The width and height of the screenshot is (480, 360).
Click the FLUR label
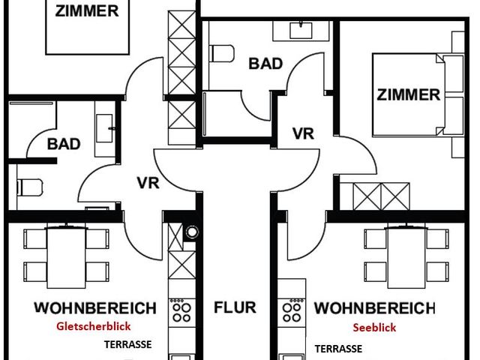[235, 307]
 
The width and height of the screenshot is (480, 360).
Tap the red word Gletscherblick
[94, 326]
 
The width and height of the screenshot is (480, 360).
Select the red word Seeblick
[374, 327]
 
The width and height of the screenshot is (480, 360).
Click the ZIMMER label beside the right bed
[408, 95]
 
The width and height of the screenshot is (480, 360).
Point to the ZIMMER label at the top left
[85, 10]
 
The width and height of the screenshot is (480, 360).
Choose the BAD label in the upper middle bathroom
[265, 63]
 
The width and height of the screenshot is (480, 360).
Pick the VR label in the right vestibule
[302, 134]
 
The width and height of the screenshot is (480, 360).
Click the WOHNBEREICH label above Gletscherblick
[94, 307]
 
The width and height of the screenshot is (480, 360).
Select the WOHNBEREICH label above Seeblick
[374, 308]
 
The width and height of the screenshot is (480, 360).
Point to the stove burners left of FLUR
[180, 310]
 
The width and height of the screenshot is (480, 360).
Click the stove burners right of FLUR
[290, 310]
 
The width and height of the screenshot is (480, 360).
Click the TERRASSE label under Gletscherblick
[127, 345]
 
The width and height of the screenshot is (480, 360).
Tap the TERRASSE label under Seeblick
[338, 349]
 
